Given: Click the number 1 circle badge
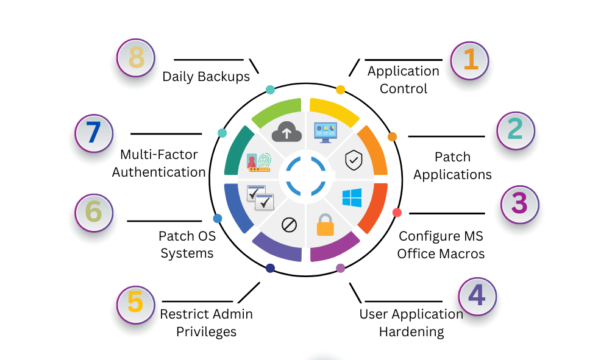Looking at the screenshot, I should coord(469,60).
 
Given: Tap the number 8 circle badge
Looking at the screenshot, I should coord(136,58).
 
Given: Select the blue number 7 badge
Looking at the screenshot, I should coord(94,133).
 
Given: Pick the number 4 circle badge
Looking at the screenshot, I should coord(477,296).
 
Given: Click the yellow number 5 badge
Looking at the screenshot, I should coord(135,302).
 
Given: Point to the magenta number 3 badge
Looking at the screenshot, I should coord(519,203).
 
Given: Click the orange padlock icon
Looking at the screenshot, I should coord(325,224).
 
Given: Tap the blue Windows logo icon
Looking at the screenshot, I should coord(352,198).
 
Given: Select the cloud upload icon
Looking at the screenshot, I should coord(286,130).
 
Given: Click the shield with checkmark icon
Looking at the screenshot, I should coord(353,160).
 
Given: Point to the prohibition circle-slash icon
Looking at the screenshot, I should coord(289,225).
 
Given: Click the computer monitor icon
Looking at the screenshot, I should coord(326,131).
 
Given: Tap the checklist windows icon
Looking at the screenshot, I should coord(260,197).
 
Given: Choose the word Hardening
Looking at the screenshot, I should coord(411,332).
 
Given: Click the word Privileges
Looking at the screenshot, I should coord(206,332).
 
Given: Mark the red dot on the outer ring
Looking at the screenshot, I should coord(397,213).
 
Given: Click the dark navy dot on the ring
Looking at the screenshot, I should coord(270,268).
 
